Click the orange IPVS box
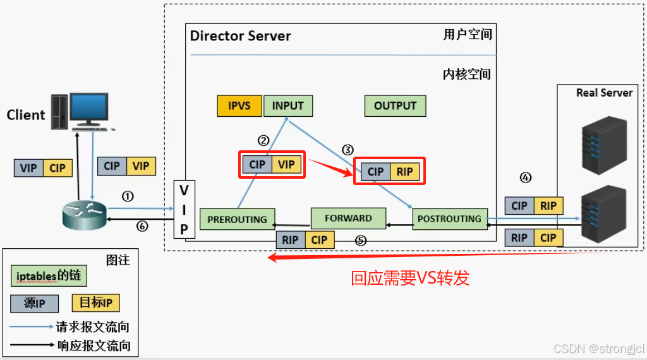point(239,105)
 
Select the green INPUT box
point(288,105)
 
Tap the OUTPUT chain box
point(395,105)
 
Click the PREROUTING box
point(237,219)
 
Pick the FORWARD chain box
point(348,218)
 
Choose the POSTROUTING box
point(449,219)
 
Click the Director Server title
point(240,35)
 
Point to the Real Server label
point(604,92)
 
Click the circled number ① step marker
point(128,196)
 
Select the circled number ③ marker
point(348,150)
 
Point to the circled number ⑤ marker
point(360,240)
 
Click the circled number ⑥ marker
point(142,226)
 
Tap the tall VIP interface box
point(184,210)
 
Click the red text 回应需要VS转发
point(410,278)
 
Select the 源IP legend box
point(35,303)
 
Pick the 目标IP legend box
point(96,303)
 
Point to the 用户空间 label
point(467,34)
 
